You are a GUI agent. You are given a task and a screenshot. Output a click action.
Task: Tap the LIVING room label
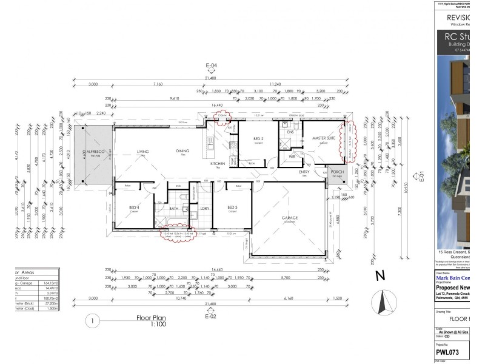(x=142, y=152)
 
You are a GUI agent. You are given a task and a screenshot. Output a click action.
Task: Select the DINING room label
(x=182, y=151)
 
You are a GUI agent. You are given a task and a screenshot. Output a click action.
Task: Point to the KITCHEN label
(x=218, y=164)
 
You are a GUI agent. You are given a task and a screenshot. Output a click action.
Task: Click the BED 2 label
(x=258, y=139)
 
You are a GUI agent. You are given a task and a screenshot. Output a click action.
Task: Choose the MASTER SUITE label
(x=323, y=138)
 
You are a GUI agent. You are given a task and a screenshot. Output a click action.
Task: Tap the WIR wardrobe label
(x=292, y=157)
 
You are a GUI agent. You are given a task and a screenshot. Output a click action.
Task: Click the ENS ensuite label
(x=290, y=132)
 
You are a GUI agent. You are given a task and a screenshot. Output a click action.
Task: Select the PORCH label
(x=336, y=172)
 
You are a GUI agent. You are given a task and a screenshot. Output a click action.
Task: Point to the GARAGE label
(x=289, y=218)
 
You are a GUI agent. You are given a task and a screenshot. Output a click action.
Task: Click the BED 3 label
(x=232, y=208)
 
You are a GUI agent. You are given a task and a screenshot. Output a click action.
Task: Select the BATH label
(x=173, y=208)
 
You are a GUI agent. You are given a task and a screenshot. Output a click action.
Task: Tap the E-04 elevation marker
(x=211, y=65)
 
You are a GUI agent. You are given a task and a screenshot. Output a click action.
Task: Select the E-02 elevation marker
(x=211, y=316)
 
